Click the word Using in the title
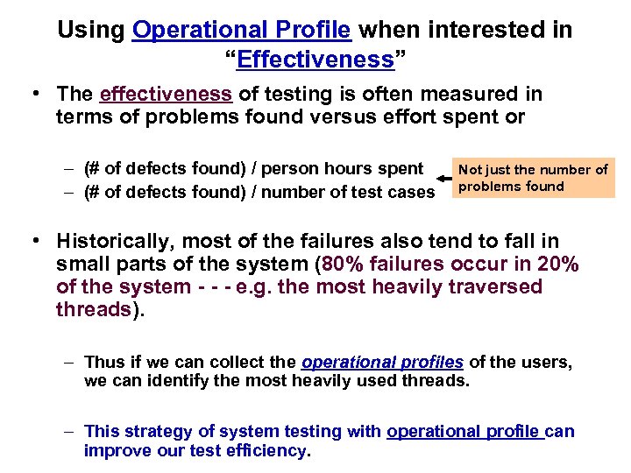(x=91, y=31)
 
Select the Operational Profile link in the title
(x=242, y=31)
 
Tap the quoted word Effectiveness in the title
(x=315, y=60)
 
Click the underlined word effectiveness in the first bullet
(x=166, y=94)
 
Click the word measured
(x=470, y=94)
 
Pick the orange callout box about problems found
(x=533, y=178)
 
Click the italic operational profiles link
(x=382, y=362)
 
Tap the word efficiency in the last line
(x=266, y=451)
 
